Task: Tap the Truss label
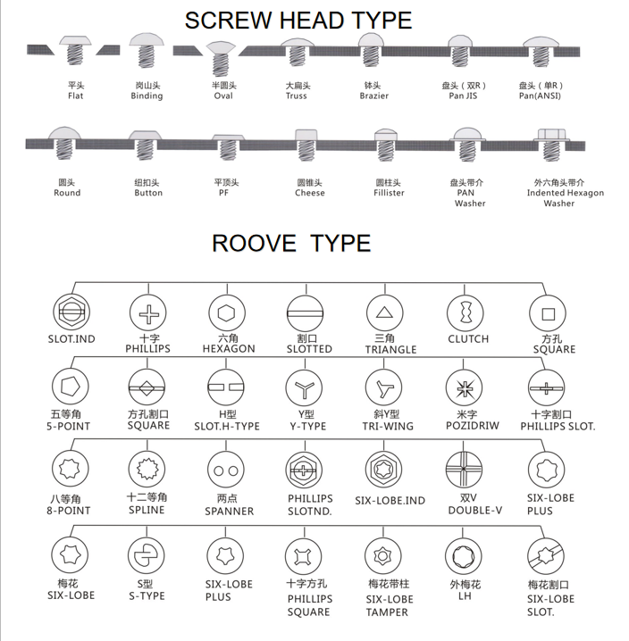pyautogui.click(x=297, y=96)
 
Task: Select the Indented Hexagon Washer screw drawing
pyautogui.click(x=551, y=145)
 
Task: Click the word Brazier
pyautogui.click(x=374, y=96)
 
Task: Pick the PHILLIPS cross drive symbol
pyautogui.click(x=148, y=312)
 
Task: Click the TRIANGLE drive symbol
pyautogui.click(x=385, y=312)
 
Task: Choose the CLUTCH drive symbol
pyautogui.click(x=465, y=313)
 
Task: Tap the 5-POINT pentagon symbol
pyautogui.click(x=71, y=387)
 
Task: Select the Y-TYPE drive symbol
pyautogui.click(x=304, y=388)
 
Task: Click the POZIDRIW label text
pyautogui.click(x=473, y=426)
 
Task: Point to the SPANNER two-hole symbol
pyautogui.click(x=226, y=470)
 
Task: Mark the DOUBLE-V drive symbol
pyautogui.click(x=464, y=470)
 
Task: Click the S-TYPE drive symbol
pyautogui.click(x=147, y=555)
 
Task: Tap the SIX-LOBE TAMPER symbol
pyautogui.click(x=383, y=556)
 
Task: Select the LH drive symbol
pyautogui.click(x=463, y=556)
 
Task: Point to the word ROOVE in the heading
pyautogui.click(x=254, y=243)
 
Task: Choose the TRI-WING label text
pyautogui.click(x=388, y=426)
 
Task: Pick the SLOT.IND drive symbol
pyautogui.click(x=71, y=312)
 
